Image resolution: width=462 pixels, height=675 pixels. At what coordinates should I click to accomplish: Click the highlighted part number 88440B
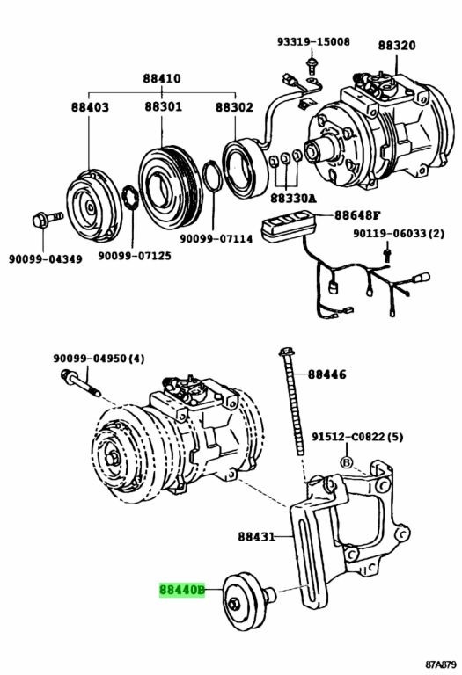[182, 590]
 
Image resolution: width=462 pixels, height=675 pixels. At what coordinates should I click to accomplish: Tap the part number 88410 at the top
[162, 79]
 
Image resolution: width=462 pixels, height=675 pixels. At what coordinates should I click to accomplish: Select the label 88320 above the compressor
[397, 45]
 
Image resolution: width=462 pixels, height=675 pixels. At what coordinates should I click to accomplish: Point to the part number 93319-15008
[313, 42]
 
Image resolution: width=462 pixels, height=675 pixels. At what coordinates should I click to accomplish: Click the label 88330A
[293, 199]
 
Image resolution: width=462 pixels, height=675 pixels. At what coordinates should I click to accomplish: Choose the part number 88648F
[357, 215]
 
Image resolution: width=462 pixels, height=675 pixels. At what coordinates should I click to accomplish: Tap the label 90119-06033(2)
[399, 234]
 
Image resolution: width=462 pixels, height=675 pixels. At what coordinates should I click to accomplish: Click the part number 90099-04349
[45, 259]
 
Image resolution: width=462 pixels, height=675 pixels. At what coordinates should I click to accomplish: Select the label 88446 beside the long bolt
[326, 374]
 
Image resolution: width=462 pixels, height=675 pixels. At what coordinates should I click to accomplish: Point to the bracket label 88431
[256, 536]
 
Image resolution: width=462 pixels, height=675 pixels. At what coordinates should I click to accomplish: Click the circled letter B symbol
[346, 462]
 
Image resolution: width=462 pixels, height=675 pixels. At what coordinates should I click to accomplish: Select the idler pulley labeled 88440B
[249, 601]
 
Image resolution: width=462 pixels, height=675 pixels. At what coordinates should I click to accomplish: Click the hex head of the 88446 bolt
[287, 352]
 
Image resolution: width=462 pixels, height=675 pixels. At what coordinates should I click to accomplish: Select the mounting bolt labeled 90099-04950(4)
[81, 383]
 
